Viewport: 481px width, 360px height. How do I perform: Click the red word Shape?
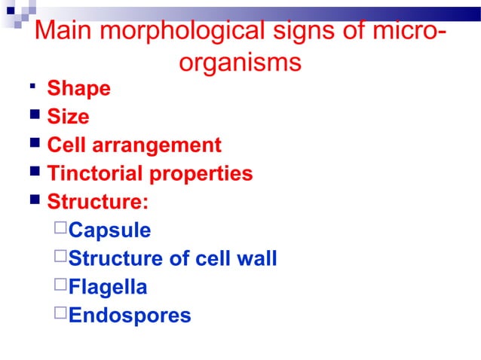(x=78, y=89)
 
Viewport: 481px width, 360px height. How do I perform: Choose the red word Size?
(x=68, y=117)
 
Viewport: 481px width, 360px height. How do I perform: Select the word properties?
(x=201, y=174)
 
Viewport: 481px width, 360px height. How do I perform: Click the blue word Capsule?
(x=109, y=230)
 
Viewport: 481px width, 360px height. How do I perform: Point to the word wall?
(x=256, y=259)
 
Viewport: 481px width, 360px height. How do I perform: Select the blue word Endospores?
(x=130, y=316)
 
